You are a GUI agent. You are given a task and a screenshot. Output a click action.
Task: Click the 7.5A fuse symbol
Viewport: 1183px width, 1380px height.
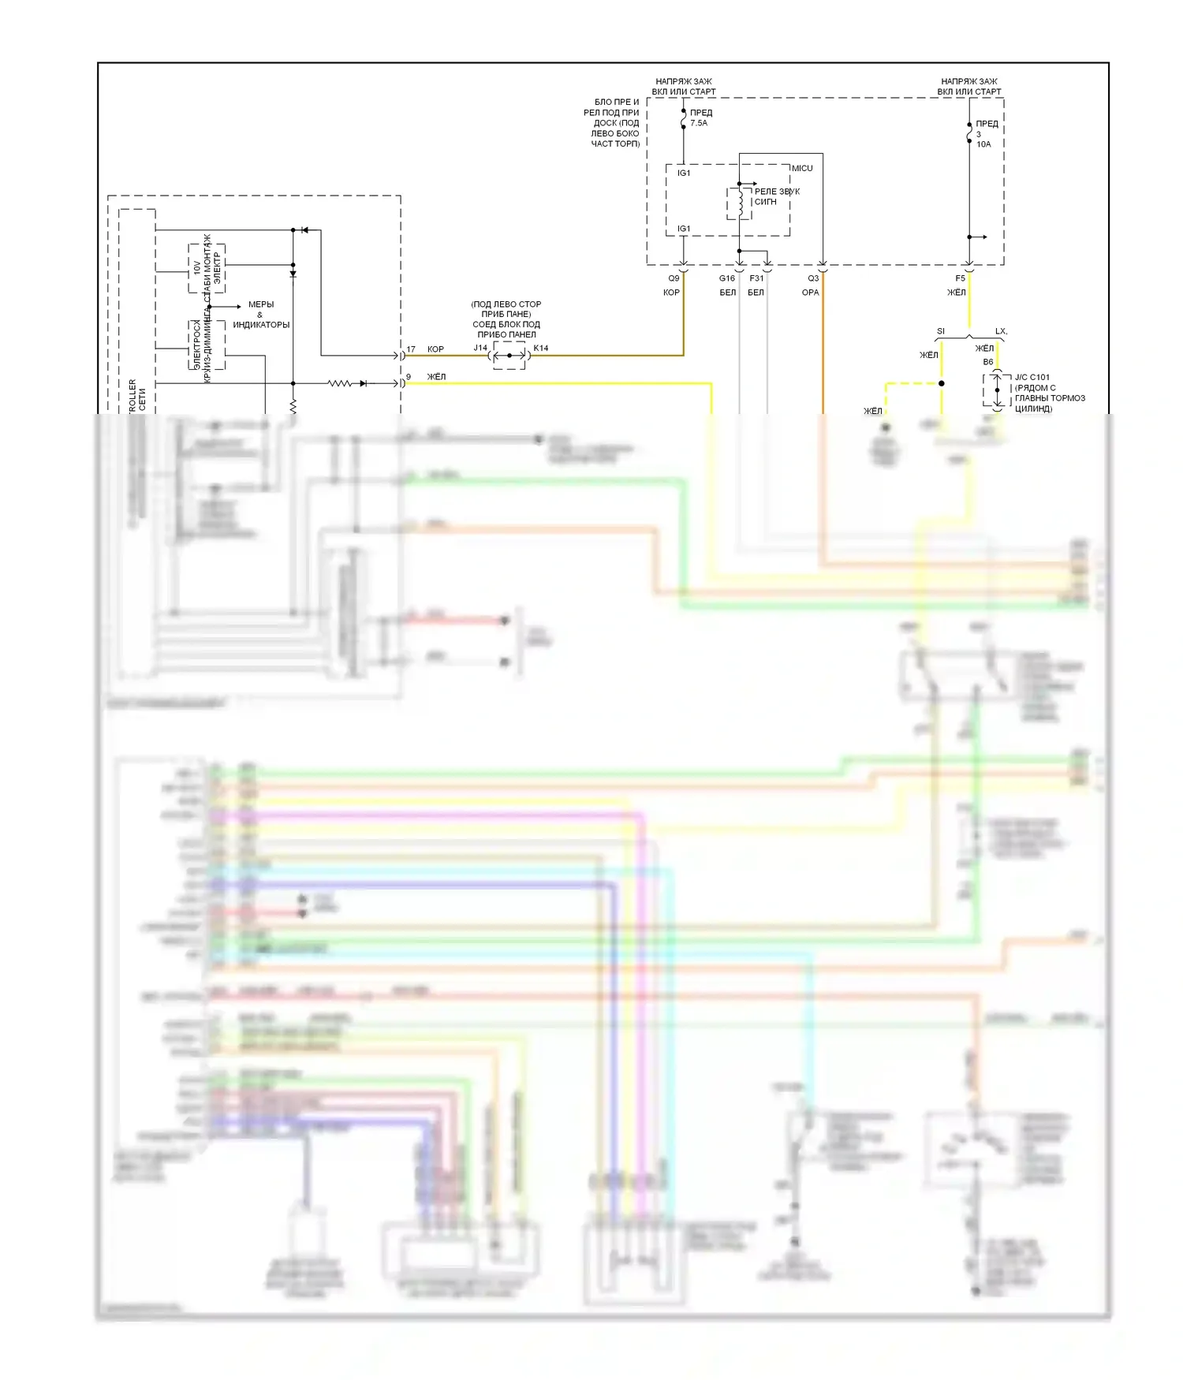(684, 118)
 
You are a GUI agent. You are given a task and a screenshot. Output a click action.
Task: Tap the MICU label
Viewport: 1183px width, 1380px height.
(802, 168)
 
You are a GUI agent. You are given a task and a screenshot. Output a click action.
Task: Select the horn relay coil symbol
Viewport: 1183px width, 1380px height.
(741, 203)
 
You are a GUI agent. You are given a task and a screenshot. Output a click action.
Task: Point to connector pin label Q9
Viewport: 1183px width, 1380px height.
(674, 278)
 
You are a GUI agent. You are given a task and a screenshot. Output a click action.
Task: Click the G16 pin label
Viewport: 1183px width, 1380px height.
(726, 278)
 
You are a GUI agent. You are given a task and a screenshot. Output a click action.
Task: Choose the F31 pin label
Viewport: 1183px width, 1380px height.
(756, 278)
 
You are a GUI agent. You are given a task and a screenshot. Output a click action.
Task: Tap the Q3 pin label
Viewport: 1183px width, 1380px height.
(813, 278)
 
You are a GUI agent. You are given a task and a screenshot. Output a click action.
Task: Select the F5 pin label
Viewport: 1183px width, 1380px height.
(960, 278)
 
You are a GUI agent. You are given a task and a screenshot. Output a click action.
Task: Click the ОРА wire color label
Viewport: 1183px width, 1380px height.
(810, 293)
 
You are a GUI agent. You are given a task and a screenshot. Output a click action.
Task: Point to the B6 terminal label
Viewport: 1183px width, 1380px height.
(988, 362)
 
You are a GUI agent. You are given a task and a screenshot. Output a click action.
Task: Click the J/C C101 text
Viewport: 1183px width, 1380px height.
(1032, 377)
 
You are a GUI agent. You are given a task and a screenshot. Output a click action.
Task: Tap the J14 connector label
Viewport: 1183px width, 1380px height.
(480, 348)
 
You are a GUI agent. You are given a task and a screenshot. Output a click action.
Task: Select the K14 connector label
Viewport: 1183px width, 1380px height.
(541, 348)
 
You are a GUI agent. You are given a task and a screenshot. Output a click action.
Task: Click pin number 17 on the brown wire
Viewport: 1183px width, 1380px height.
(411, 349)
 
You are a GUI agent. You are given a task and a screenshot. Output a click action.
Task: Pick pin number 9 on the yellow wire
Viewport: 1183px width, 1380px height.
(409, 376)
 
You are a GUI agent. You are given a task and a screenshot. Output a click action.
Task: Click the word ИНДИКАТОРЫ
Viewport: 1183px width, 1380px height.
(261, 325)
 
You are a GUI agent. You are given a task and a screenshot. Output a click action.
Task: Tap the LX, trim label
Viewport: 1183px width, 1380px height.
(1001, 331)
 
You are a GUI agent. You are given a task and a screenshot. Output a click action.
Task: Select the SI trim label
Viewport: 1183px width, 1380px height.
(940, 331)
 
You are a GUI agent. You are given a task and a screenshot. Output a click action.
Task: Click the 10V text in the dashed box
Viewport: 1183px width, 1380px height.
(196, 267)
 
